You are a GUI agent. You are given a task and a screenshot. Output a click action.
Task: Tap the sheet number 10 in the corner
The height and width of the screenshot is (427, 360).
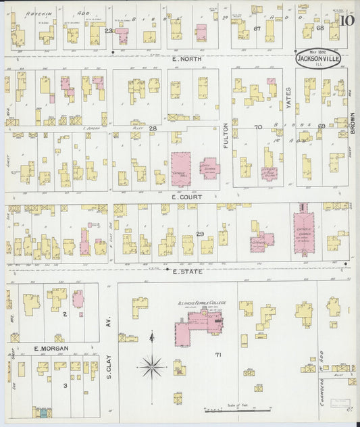[347, 20]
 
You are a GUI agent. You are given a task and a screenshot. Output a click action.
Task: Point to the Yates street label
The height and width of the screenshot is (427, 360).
[288, 99]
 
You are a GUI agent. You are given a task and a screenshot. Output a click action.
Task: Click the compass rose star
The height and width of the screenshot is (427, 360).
[152, 368]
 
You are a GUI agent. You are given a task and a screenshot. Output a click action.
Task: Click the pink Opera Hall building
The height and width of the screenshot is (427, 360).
[181, 169]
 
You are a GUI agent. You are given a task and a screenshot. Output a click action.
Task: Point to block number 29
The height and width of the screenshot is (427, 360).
[199, 233]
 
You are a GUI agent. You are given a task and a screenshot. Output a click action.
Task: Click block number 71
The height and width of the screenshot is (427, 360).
[217, 354]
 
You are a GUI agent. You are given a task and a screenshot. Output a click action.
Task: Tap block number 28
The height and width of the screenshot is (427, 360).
[153, 128]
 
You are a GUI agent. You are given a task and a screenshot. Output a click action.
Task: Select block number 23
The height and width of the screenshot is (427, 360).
[109, 30]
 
